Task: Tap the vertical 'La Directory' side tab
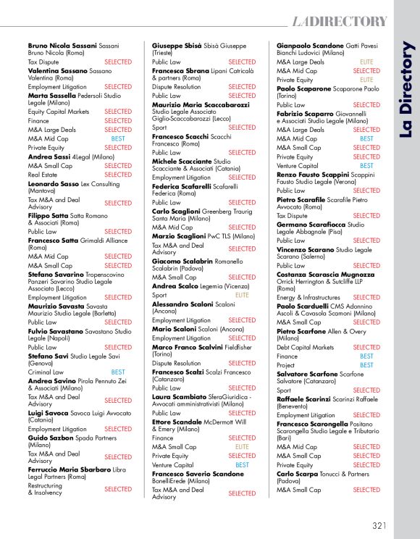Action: pos(406,91)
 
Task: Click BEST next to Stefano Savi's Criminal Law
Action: pos(118,372)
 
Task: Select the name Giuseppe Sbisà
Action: pos(177,45)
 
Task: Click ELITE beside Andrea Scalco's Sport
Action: pos(241,295)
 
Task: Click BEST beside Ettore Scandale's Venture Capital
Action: pos(243,465)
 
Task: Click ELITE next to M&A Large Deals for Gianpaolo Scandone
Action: pos(366,62)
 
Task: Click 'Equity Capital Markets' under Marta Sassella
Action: pos(59,112)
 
